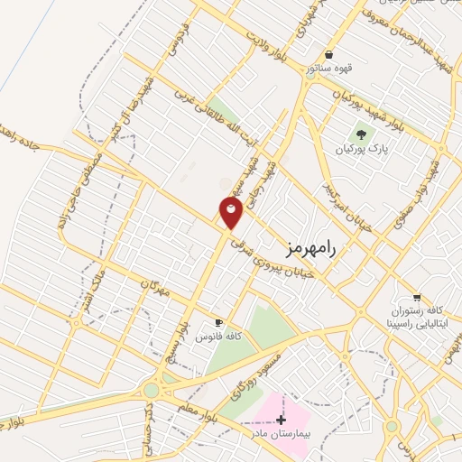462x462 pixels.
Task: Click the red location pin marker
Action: coord(231,213)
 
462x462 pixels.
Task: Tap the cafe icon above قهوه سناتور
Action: coord(328,53)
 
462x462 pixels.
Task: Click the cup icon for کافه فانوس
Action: coord(217,322)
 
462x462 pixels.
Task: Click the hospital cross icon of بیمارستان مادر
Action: coord(282,420)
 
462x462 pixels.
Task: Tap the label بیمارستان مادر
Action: coord(281,434)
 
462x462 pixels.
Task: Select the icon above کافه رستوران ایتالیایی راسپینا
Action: coord(416,297)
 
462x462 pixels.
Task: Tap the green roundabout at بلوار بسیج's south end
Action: coord(151,390)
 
